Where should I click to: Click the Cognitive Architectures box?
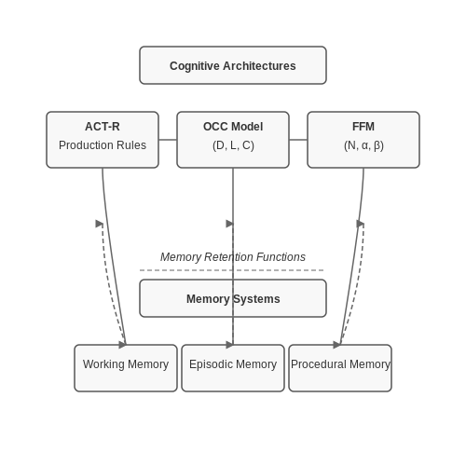pos(233,65)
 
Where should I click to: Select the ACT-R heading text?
pos(103,127)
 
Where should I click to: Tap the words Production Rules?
pos(103,145)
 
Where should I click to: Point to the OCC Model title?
pos(233,127)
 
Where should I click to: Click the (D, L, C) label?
pos(233,145)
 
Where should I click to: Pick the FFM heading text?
pos(363,127)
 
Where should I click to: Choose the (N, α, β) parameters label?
pos(363,145)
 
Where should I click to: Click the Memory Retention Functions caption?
pos(233,257)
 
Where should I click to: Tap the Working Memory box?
pos(126,368)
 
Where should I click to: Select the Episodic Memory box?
pos(233,368)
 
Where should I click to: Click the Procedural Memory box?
pos(340,368)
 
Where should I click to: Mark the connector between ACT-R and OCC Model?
pos(168,140)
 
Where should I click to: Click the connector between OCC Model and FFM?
pos(298,140)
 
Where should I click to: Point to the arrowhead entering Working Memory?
pos(122,345)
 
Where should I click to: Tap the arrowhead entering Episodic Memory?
pos(229,345)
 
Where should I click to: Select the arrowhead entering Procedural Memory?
pos(336,345)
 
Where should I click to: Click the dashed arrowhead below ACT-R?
pos(100,224)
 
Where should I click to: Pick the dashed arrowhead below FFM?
pos(361,224)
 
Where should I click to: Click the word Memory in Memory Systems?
pos(208,299)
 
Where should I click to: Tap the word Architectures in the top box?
pos(259,65)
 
